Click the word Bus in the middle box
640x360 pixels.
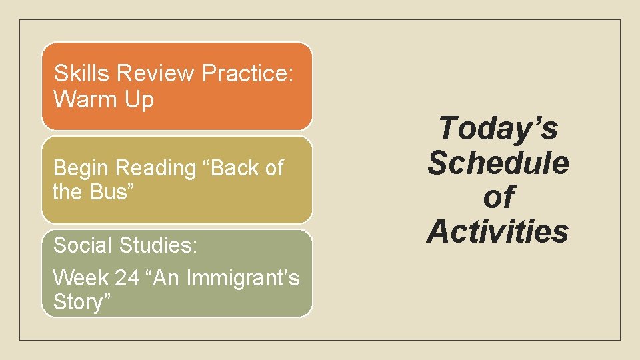tap(106, 192)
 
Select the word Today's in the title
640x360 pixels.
tap(498, 128)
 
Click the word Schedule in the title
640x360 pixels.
tap(498, 163)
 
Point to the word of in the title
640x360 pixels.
tap(498, 197)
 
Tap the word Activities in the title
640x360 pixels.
tap(498, 232)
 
